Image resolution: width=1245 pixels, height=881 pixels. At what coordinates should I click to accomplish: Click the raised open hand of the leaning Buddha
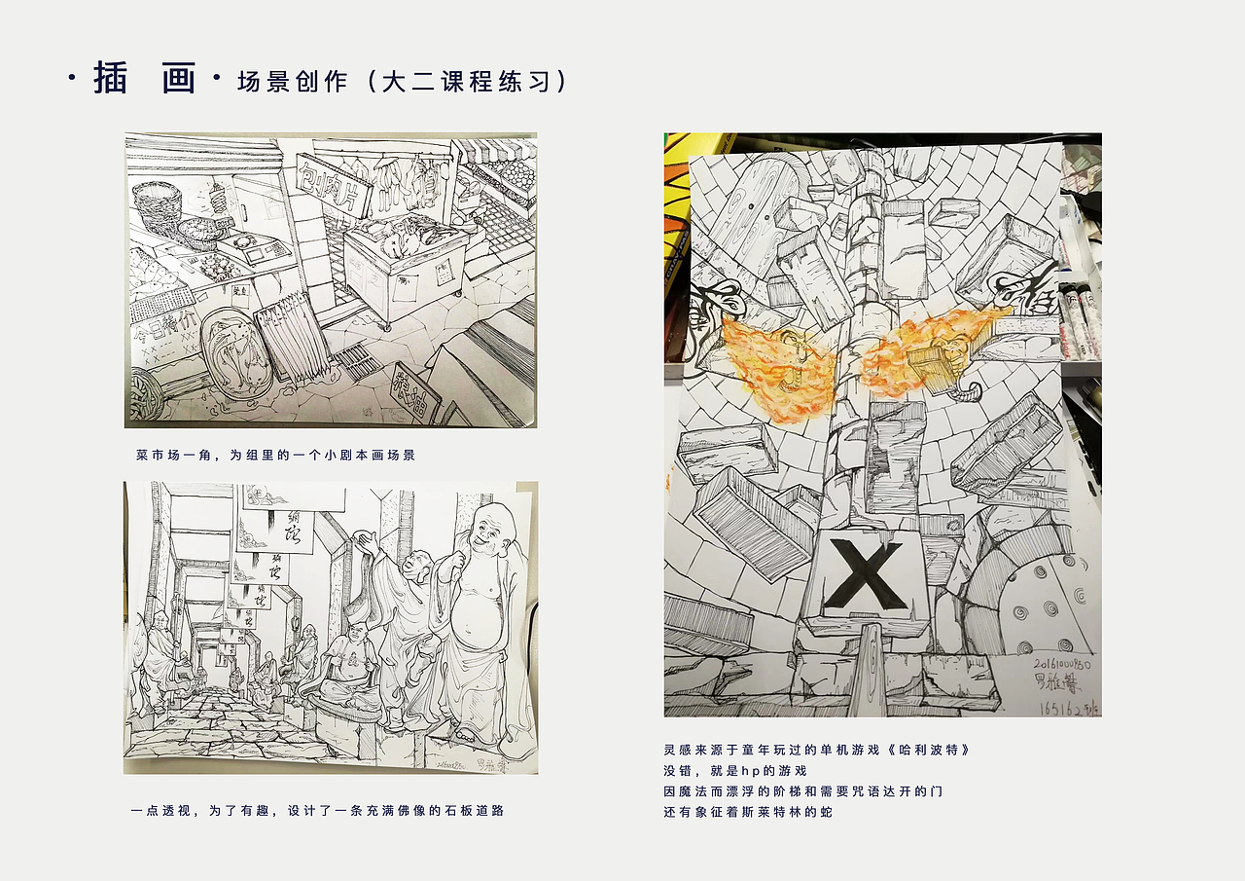[366, 540]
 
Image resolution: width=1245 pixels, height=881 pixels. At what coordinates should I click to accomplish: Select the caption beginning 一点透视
[317, 810]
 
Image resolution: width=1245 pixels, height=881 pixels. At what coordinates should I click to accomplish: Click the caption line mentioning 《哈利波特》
[816, 751]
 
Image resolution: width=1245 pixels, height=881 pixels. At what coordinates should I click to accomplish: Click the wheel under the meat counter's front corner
[389, 328]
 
